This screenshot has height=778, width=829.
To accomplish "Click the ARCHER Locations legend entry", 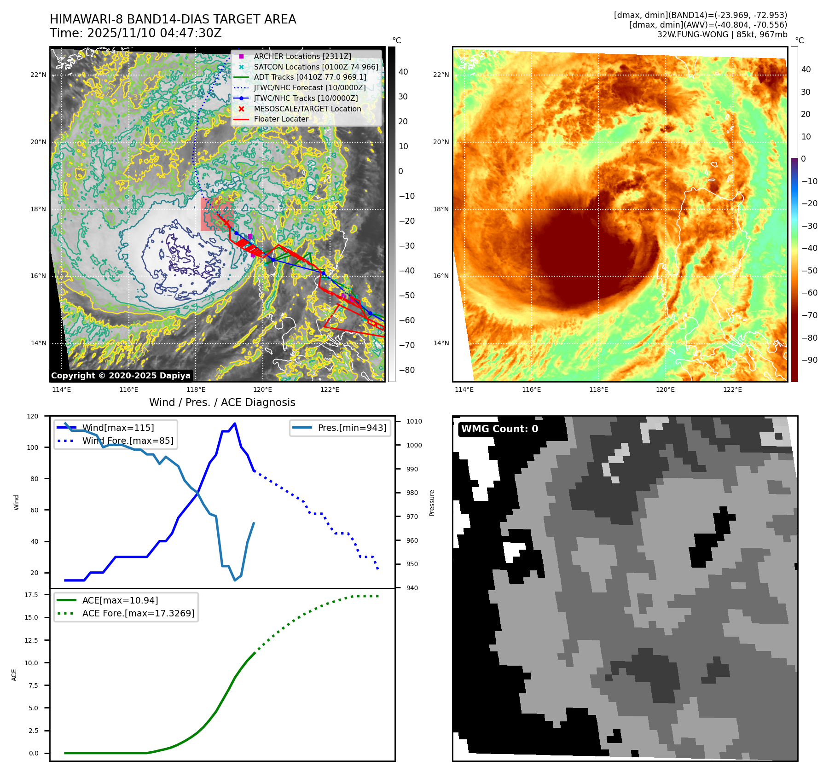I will coord(302,56).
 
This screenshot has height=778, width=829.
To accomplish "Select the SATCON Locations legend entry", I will coord(316,67).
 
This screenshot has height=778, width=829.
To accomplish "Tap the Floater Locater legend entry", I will coord(281,119).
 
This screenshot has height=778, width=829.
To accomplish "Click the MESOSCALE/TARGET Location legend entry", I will coord(307,109).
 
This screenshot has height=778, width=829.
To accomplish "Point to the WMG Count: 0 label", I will coord(499,429).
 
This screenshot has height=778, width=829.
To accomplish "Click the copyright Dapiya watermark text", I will coord(121,376).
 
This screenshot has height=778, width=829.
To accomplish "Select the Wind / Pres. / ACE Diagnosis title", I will coord(222,402).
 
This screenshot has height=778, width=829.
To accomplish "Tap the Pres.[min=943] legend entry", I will coord(352,428).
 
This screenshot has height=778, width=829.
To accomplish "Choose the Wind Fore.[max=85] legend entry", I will coord(128,441).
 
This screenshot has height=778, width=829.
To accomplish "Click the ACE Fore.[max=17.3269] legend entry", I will coord(138,613).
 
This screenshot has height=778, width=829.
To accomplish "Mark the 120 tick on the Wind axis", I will coord(33,416).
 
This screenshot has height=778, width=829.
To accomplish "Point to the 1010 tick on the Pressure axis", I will coord(414,421).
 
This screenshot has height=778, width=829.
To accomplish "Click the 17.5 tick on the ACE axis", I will coord(31,595).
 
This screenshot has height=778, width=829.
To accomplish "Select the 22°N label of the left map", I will coord(38,75).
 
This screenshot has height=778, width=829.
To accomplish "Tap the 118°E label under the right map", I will coord(598,389).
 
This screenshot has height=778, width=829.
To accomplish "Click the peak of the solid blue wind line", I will coord(235,424).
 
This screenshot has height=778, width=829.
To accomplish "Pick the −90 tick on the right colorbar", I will coord(809,360).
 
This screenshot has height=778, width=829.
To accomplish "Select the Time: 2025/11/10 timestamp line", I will coord(136,33).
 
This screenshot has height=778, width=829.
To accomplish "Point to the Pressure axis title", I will coord(432,503).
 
